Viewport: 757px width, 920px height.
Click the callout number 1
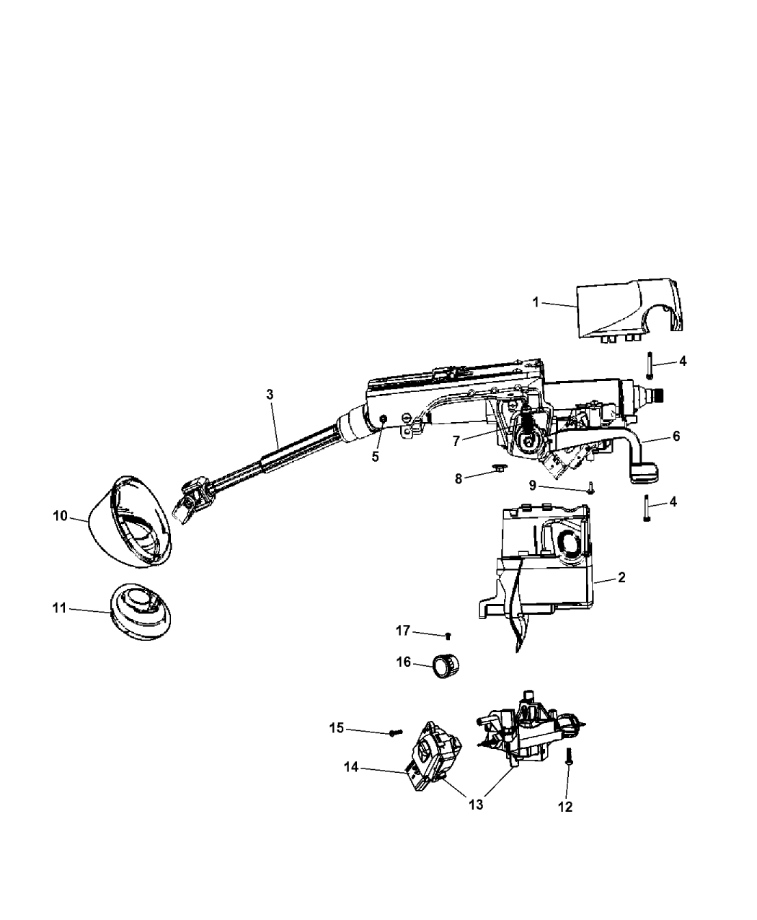tap(536, 302)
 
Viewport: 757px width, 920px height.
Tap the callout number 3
tap(270, 395)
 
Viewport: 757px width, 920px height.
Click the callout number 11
tap(58, 608)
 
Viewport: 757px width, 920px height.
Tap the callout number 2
tap(621, 577)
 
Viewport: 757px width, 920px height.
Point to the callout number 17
tap(402, 631)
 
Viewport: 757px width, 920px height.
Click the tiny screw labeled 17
tap(448, 636)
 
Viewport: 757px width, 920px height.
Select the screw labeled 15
tap(394, 732)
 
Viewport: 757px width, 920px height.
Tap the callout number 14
tap(351, 769)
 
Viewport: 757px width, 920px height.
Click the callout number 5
tap(375, 456)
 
